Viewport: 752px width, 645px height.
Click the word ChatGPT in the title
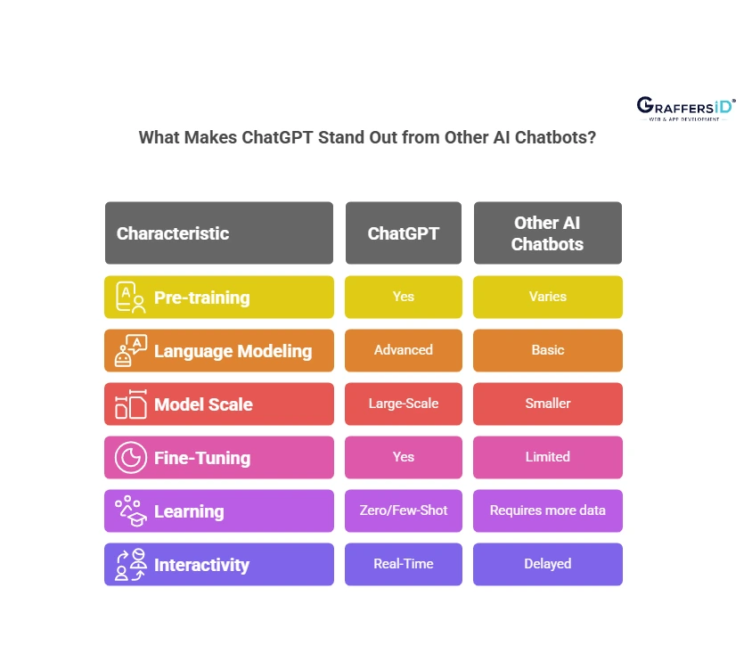(x=282, y=139)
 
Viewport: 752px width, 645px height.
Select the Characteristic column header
(x=219, y=233)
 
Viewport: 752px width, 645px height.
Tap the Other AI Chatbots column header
(x=547, y=233)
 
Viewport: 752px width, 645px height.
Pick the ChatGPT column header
(x=404, y=233)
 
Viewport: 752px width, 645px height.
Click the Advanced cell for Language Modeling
(x=404, y=350)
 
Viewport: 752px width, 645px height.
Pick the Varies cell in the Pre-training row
(x=547, y=297)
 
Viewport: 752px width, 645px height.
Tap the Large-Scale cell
(x=404, y=404)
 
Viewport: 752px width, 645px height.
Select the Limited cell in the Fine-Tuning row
(x=547, y=457)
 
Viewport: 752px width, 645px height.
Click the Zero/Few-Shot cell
(x=404, y=510)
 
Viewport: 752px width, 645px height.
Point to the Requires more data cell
(x=547, y=510)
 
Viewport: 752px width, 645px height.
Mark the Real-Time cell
(x=404, y=564)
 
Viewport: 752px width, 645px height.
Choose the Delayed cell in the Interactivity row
(x=547, y=564)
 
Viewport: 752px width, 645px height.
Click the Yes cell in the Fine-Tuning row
(x=404, y=457)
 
